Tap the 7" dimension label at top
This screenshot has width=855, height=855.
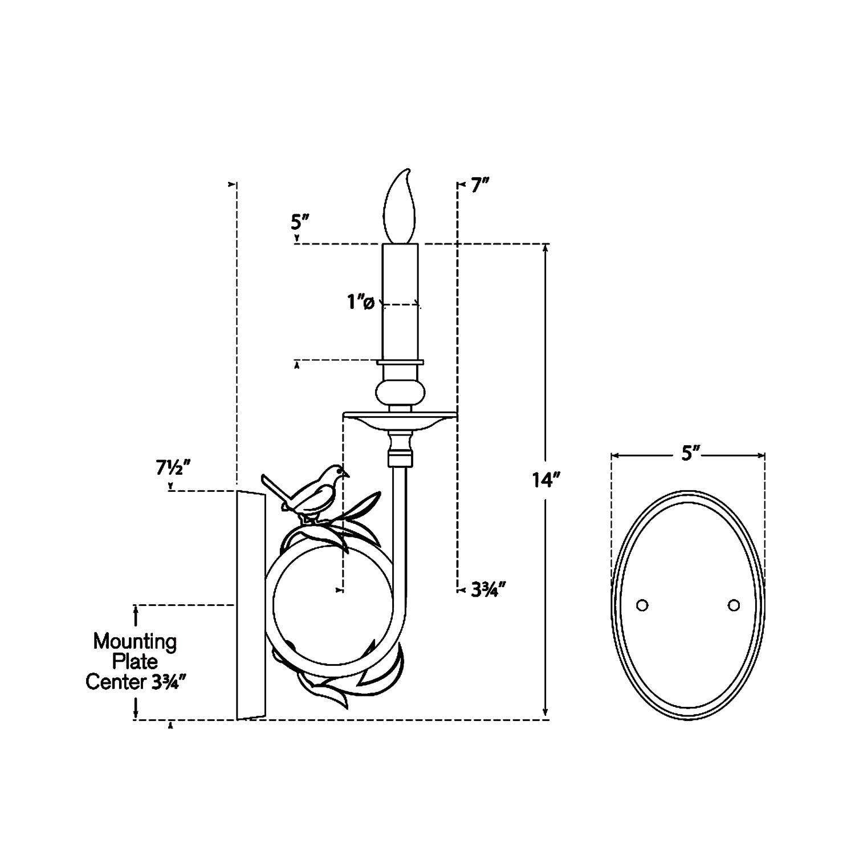480,186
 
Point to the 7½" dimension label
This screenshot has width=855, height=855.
173,468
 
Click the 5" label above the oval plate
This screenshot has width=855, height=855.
690,454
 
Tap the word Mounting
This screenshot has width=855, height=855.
135,642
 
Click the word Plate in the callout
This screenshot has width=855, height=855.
135,662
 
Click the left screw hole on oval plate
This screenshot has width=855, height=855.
642,605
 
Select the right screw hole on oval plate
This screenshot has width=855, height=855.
734,605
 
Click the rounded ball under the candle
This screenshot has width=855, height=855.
400,394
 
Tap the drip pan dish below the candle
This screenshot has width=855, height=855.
400,421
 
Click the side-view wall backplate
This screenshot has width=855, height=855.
251,604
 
